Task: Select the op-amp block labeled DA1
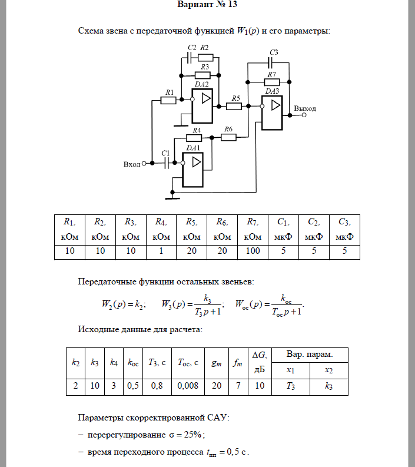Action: pyautogui.click(x=192, y=169)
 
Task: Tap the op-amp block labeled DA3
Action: pyautogui.click(x=272, y=112)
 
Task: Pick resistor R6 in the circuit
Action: pyautogui.click(x=228, y=137)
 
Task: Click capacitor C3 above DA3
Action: pyautogui.click(x=273, y=62)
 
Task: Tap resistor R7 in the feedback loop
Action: pyautogui.click(x=272, y=82)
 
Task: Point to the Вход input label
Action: pyautogui.click(x=132, y=164)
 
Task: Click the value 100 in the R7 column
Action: pyautogui.click(x=253, y=251)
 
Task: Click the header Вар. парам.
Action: pyautogui.click(x=309, y=355)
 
